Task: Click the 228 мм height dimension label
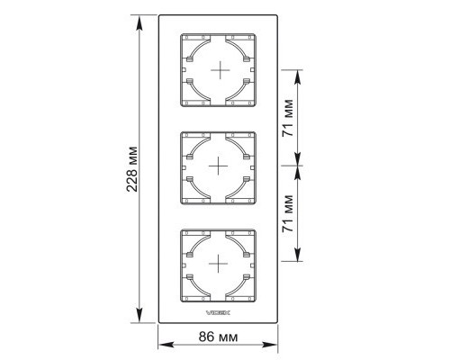pyautogui.click(x=132, y=169)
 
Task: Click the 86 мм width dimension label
pyautogui.click(x=218, y=337)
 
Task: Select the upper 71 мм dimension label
pyautogui.click(x=288, y=118)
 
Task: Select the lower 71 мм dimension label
pyautogui.click(x=288, y=213)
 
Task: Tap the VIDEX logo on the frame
pyautogui.click(x=218, y=313)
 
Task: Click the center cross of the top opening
pyautogui.click(x=220, y=70)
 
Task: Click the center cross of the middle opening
pyautogui.click(x=218, y=166)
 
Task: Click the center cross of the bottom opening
pyautogui.click(x=218, y=264)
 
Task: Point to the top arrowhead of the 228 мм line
pyautogui.click(x=139, y=22)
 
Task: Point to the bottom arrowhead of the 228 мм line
pyautogui.click(x=139, y=315)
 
